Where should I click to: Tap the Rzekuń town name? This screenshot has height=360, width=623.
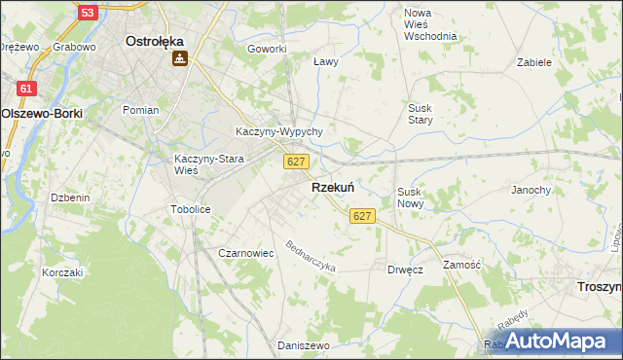[332, 188]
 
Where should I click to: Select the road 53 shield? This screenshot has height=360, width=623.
[88, 13]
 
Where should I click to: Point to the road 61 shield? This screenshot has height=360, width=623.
[26, 89]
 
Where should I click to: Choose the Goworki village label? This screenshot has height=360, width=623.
[267, 49]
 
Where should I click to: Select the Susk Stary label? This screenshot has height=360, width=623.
[421, 114]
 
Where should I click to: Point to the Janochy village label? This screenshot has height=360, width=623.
[531, 190]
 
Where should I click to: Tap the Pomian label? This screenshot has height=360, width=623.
[140, 110]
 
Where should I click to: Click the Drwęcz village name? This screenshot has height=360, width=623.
[404, 270]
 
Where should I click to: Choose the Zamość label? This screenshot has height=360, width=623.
[462, 265]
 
